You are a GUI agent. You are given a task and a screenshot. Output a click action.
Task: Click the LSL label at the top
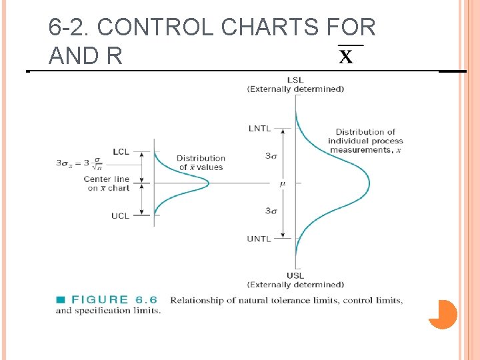pos(295,80)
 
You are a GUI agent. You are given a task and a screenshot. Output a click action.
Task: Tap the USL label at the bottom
pos(295,276)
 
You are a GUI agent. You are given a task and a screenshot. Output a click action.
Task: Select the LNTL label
pos(260,129)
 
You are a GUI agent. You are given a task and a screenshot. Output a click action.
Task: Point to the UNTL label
pos(259,239)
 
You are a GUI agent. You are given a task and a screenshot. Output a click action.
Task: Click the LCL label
pos(121,152)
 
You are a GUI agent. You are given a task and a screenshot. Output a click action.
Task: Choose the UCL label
pos(121,215)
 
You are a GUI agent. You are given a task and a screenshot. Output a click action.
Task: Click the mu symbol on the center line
pos(283,183)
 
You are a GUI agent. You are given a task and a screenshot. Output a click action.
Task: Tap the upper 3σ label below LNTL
pos(271,156)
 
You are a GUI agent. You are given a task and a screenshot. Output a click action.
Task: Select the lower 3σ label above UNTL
pos(271,211)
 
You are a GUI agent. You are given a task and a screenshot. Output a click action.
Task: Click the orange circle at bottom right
pos(443,315)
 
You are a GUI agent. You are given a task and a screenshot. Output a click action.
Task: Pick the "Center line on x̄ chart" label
pos(107,183)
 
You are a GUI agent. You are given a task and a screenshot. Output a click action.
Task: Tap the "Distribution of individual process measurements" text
pos(365,141)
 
